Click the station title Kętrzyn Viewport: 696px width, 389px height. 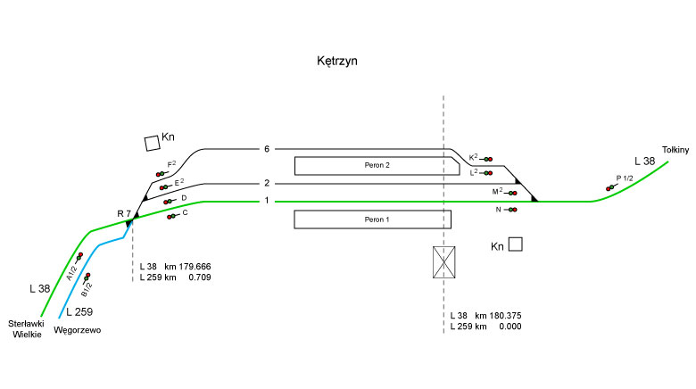pyautogui.click(x=337, y=62)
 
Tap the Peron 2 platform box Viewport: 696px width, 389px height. pyautogui.click(x=377, y=165)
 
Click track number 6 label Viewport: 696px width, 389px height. pyautogui.click(x=266, y=149)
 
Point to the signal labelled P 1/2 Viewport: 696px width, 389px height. pyautogui.click(x=611, y=186)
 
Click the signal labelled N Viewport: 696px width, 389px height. pyautogui.click(x=512, y=210)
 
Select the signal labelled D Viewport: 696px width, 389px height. pyautogui.click(x=168, y=202)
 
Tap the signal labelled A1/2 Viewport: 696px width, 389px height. pyautogui.click(x=79, y=258)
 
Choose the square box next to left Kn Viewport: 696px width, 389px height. pyautogui.click(x=150, y=142)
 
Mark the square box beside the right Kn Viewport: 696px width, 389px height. pyautogui.click(x=515, y=244)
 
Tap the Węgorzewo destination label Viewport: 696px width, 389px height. pyautogui.click(x=78, y=330)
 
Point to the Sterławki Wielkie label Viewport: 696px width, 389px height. pyautogui.click(x=27, y=328)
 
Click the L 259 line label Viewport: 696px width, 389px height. pyautogui.click(x=78, y=311)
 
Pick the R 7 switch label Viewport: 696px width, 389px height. pyautogui.click(x=124, y=213)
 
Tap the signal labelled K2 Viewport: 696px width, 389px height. pyautogui.click(x=487, y=158)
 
